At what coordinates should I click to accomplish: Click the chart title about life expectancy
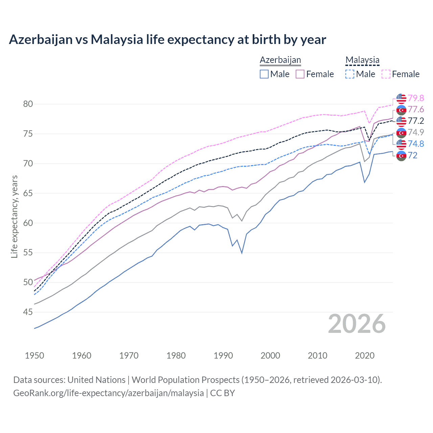coord(167,40)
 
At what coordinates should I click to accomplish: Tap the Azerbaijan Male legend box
coord(264,74)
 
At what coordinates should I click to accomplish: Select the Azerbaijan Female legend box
coord(300,74)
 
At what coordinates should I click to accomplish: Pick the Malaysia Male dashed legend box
coord(350,74)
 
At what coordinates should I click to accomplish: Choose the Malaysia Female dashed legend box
coord(386,74)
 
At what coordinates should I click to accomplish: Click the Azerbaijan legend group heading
coord(280,60)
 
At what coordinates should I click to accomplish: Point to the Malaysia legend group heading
coord(362,60)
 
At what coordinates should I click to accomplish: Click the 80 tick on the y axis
coord(28,104)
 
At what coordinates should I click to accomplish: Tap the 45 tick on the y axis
coord(28,312)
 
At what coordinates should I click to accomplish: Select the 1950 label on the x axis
coord(35,356)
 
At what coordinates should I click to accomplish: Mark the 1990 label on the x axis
coord(223,356)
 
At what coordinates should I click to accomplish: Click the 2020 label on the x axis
coord(365,356)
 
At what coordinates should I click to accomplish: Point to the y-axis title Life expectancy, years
coord(15,216)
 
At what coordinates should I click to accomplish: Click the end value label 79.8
coord(416,98)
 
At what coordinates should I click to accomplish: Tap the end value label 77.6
coord(416,110)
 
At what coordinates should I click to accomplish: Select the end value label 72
coord(412,155)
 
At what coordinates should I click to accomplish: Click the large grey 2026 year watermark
coord(357,324)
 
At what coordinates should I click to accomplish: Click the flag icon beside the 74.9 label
coord(401,132)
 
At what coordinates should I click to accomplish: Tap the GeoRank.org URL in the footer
coord(108,393)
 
